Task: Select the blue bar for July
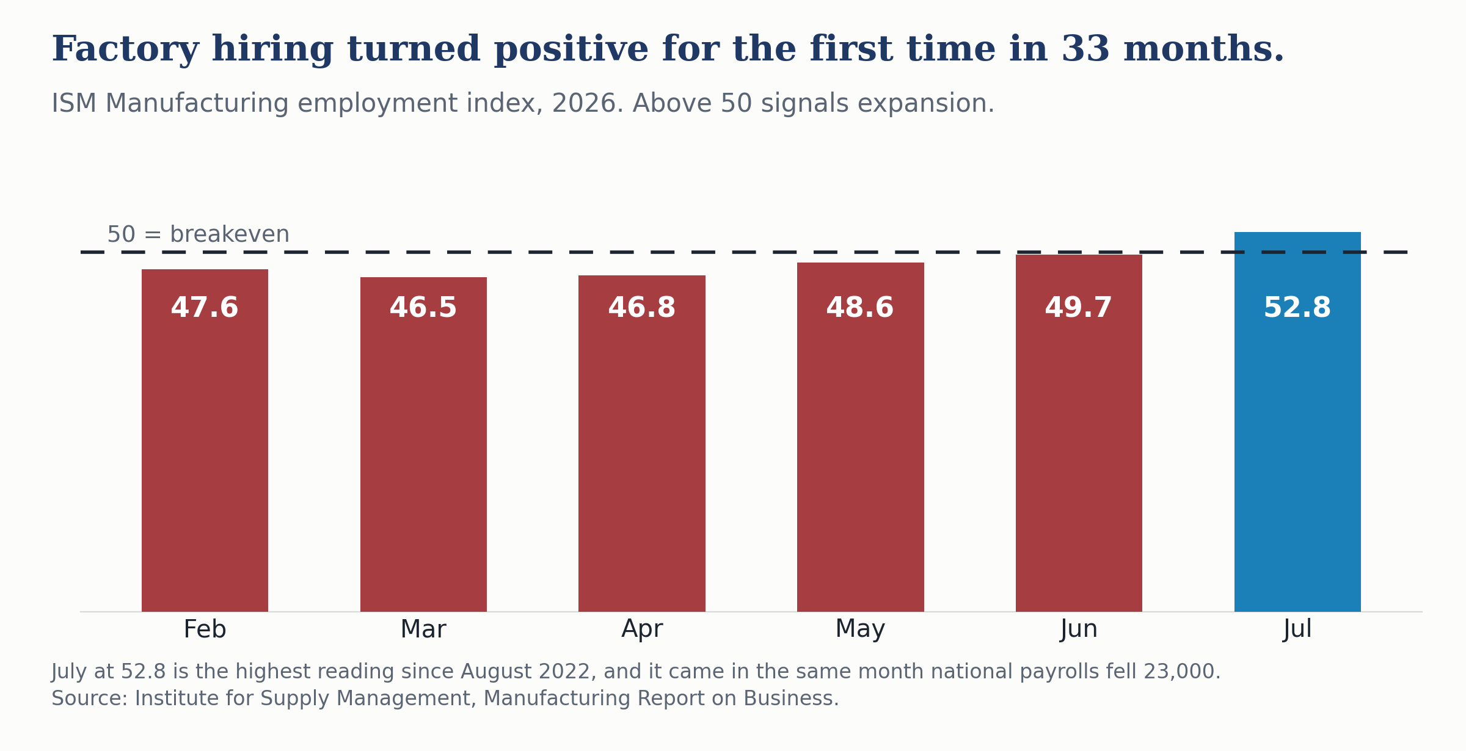coord(1297,421)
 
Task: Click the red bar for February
coord(205,440)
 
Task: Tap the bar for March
coord(423,444)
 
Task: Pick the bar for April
coord(642,443)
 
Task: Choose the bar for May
coord(861,437)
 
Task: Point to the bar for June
coord(1079,433)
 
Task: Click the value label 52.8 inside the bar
coord(1297,308)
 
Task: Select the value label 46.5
coord(423,308)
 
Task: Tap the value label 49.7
coord(1079,308)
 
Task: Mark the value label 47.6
coord(205,308)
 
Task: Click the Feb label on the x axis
coord(205,629)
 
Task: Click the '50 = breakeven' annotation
coord(199,234)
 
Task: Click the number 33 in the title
coord(1085,49)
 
